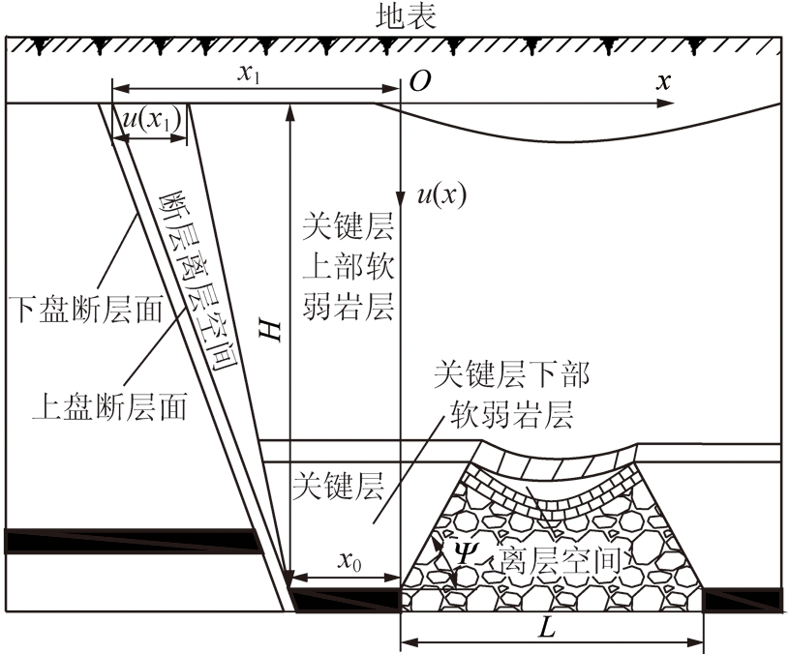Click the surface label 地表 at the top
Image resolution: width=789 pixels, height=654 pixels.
click(406, 16)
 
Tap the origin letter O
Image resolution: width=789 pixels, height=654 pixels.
click(420, 81)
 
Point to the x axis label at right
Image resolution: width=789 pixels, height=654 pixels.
click(664, 80)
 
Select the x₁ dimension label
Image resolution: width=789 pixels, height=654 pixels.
click(250, 74)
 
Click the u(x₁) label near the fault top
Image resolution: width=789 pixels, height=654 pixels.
click(152, 121)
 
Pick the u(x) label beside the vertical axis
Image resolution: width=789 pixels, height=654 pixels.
click(441, 194)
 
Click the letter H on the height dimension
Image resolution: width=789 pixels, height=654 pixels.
click(270, 329)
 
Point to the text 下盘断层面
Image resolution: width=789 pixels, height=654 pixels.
click(85, 310)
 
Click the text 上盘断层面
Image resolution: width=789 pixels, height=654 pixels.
click(109, 406)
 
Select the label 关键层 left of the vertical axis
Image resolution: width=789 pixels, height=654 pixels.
click(338, 486)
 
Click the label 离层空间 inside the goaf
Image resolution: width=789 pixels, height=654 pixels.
click(560, 560)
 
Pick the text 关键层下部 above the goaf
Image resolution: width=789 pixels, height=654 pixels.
click(512, 374)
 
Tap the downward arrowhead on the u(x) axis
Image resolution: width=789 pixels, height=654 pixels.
click(400, 198)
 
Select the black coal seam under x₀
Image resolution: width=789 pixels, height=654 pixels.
click(347, 599)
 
